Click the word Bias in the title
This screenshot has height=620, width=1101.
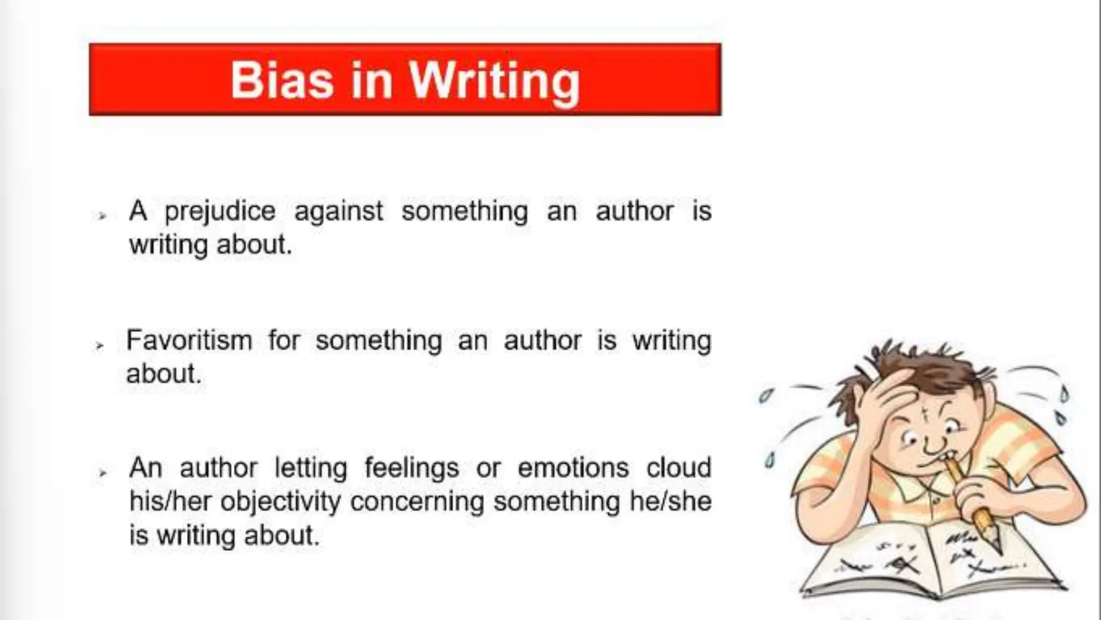[x=282, y=81]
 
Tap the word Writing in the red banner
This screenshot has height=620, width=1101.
[x=495, y=82]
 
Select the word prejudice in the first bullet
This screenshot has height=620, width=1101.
[x=220, y=211]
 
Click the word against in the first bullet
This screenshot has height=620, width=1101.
[x=339, y=211]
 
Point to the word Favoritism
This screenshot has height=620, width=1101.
[x=189, y=340]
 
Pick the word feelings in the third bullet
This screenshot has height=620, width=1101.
[x=412, y=467]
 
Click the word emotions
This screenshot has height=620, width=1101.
[x=573, y=467]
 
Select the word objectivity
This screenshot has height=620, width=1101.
[x=281, y=502]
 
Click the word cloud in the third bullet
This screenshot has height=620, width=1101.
[x=678, y=467]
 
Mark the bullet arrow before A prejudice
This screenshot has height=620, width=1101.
[x=102, y=216]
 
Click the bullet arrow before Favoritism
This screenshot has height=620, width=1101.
[x=99, y=346]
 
